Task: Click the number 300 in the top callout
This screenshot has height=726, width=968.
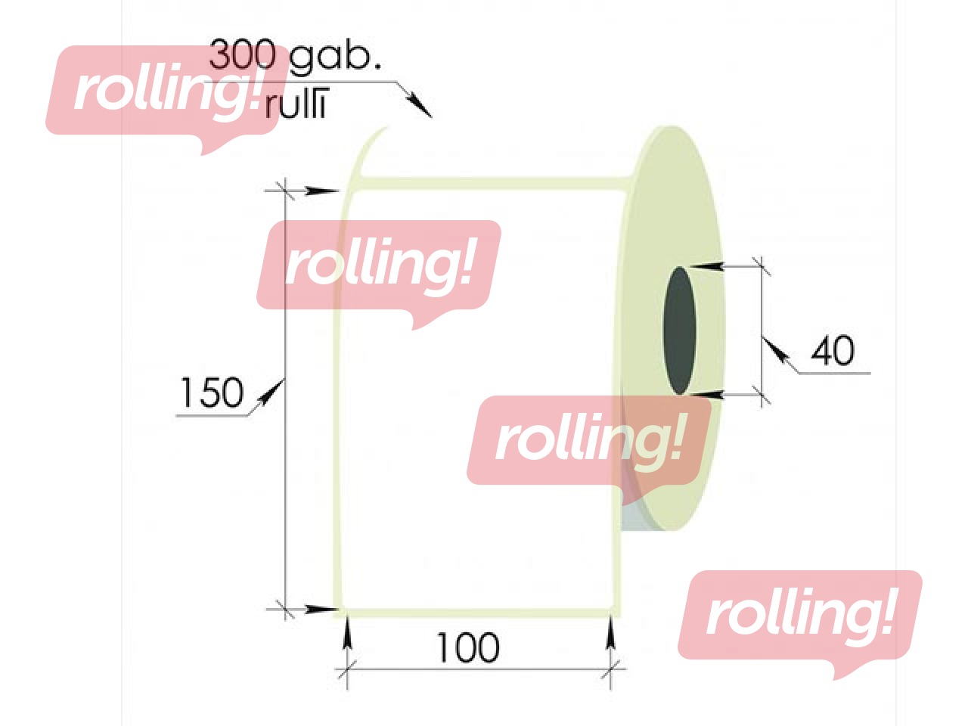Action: pos(242,54)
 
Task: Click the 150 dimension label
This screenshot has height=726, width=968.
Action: pos(212,392)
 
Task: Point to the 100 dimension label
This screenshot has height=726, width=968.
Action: pos(468,647)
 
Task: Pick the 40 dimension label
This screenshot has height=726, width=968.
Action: pos(833,351)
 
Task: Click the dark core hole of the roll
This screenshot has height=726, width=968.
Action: pos(680,330)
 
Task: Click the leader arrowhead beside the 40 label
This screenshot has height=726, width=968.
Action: pos(775,350)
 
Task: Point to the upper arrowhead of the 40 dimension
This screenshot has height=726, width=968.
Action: pos(706,266)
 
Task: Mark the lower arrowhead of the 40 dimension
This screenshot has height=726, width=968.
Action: pos(706,395)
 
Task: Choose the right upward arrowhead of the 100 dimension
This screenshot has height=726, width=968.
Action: pos(610,632)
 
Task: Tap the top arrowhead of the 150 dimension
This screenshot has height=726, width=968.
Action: pos(322,191)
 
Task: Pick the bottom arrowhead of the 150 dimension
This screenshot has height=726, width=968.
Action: pos(322,610)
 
